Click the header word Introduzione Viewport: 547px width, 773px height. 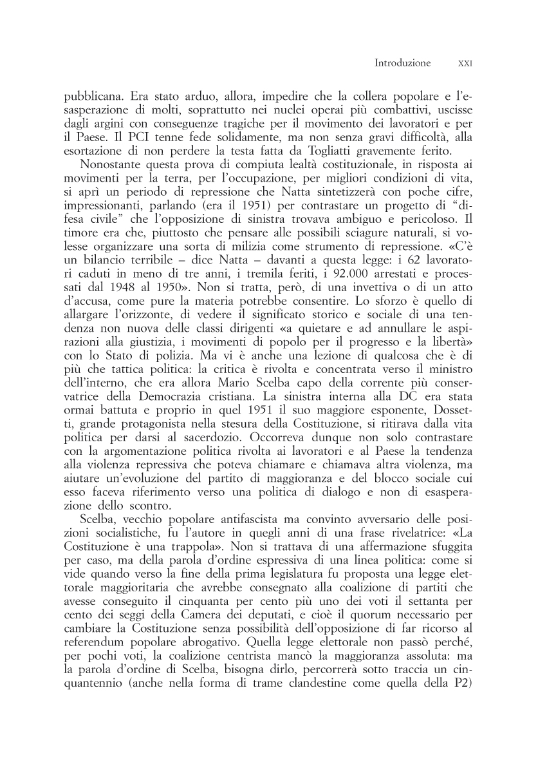coord(402,63)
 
